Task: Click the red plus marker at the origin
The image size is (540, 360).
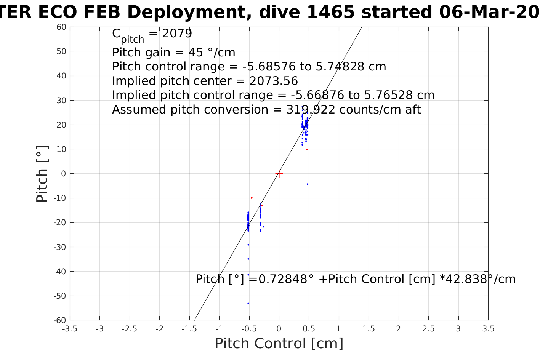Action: pyautogui.click(x=279, y=174)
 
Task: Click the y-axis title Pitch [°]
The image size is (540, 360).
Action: pyautogui.click(x=42, y=174)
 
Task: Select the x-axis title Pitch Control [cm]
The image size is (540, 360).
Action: pyautogui.click(x=279, y=344)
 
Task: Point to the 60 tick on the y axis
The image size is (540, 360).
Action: pyautogui.click(x=61, y=27)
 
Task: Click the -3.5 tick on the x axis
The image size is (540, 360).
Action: pyautogui.click(x=69, y=329)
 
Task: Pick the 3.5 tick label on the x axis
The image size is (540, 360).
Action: pyautogui.click(x=488, y=329)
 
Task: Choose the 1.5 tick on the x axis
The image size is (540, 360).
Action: pyautogui.click(x=369, y=329)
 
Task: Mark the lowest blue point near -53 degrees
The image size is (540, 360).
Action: pyautogui.click(x=248, y=303)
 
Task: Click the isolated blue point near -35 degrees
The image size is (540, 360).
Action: pyautogui.click(x=248, y=259)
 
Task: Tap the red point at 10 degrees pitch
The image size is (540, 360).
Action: pyautogui.click(x=306, y=149)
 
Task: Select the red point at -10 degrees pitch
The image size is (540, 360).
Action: pyautogui.click(x=252, y=198)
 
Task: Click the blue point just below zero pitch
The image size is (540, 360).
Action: pyautogui.click(x=308, y=184)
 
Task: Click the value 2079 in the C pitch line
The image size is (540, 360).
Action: pyautogui.click(x=177, y=34)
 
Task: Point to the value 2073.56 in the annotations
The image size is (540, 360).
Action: pyautogui.click(x=274, y=81)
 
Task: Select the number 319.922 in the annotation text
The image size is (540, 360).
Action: pyautogui.click(x=311, y=110)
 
